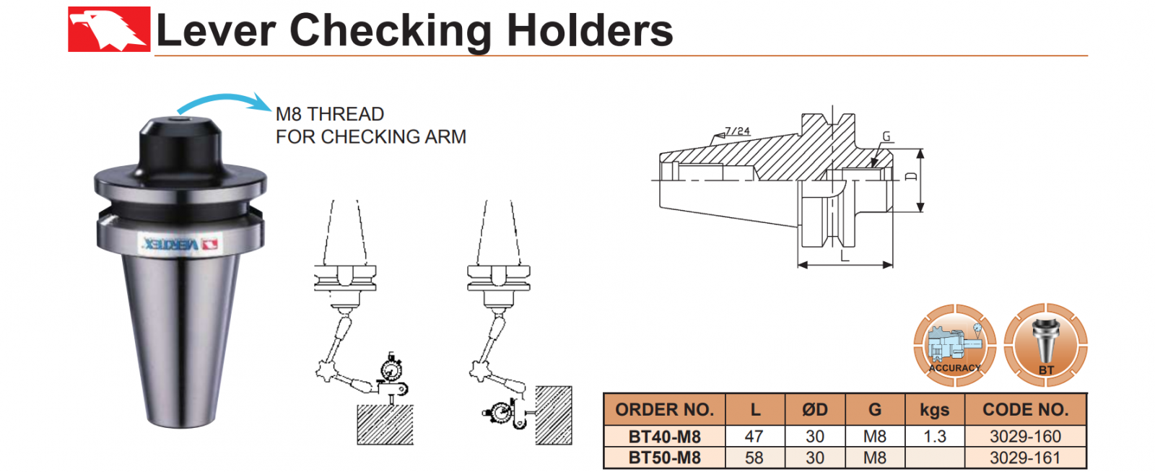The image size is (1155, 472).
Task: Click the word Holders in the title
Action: (589, 31)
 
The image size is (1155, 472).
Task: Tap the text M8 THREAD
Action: (330, 114)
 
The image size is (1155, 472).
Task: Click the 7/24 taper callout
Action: (737, 131)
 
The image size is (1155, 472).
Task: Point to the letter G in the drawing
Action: (886, 136)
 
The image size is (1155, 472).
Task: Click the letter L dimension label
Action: (845, 256)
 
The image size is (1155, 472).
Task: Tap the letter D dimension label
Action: (911, 177)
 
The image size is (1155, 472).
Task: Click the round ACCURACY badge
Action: (955, 345)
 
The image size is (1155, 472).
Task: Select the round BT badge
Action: (1045, 344)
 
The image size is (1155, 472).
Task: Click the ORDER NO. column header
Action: (664, 410)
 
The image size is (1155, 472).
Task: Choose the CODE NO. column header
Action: (1025, 410)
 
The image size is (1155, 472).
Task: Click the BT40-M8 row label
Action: (664, 437)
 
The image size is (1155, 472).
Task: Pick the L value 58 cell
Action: (754, 458)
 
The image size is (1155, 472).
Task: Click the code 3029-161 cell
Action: (1025, 458)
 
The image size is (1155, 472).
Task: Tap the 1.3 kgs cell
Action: (934, 437)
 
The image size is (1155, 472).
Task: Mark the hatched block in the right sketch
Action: (554, 415)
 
